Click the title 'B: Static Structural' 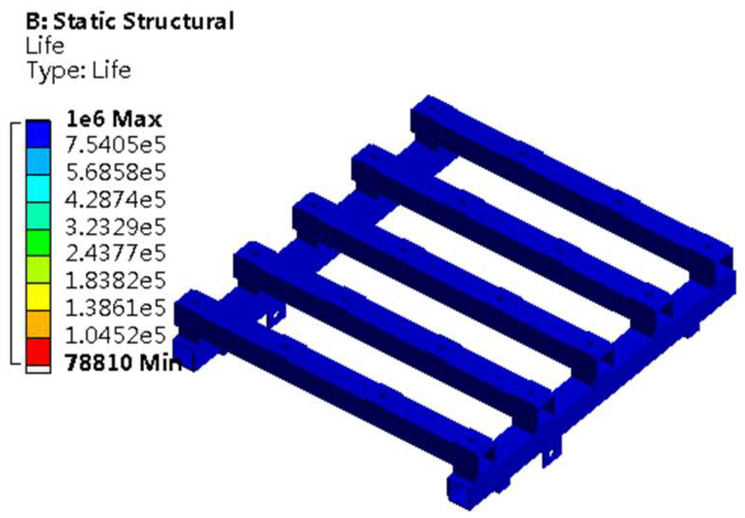pyautogui.click(x=130, y=22)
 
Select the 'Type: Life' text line pyautogui.click(x=79, y=70)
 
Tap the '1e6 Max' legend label pyautogui.click(x=114, y=119)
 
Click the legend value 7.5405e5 pyautogui.click(x=115, y=145)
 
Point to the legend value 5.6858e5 pyautogui.click(x=115, y=172)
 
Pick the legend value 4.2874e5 pyautogui.click(x=115, y=200)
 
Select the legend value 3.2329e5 pyautogui.click(x=115, y=226)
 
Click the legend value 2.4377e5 pyautogui.click(x=115, y=253)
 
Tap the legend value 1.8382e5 pyautogui.click(x=115, y=281)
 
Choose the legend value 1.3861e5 pyautogui.click(x=115, y=308)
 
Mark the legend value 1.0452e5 pyautogui.click(x=115, y=336)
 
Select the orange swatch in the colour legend pyautogui.click(x=38, y=324)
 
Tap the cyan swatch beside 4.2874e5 pyautogui.click(x=38, y=189)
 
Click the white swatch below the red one pyautogui.click(x=38, y=369)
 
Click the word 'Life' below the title pyautogui.click(x=45, y=46)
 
